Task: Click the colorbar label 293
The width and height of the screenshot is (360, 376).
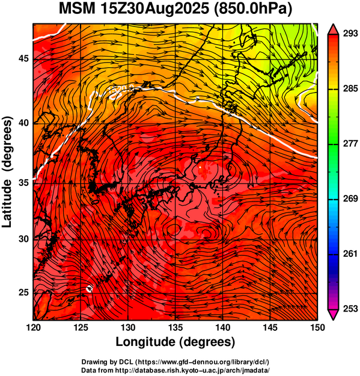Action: (x=350, y=34)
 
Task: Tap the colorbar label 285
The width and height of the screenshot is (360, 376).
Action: (x=350, y=88)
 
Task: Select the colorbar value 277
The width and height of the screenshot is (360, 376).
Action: (x=350, y=144)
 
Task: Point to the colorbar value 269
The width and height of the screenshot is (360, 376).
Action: (x=350, y=199)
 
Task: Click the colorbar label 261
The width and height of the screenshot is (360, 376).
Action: (x=350, y=254)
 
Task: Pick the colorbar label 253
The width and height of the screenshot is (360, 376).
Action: (x=350, y=309)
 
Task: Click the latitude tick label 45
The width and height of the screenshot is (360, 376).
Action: (x=23, y=58)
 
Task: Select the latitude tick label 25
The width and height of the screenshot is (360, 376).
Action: (x=23, y=293)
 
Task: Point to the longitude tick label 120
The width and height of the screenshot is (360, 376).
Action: (x=33, y=327)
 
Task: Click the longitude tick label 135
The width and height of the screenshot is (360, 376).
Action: (x=175, y=327)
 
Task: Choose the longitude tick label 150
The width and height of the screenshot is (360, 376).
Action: (x=317, y=327)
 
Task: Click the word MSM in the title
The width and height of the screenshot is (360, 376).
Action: (x=77, y=9)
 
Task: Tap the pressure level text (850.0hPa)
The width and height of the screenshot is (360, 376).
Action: (x=252, y=10)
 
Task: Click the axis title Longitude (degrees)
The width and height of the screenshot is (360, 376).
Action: (x=175, y=342)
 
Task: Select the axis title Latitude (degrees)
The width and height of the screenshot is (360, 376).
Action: (x=7, y=172)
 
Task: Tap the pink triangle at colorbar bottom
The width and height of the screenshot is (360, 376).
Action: (x=333, y=315)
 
